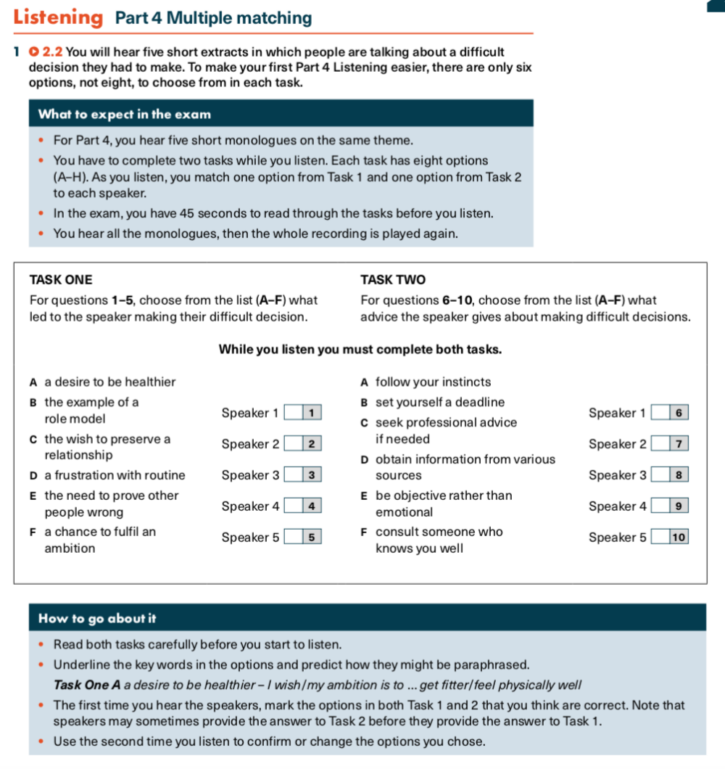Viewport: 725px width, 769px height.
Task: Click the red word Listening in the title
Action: (x=58, y=17)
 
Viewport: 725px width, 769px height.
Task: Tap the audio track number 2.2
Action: (x=53, y=52)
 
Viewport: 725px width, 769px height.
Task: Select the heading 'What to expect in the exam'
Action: (x=124, y=114)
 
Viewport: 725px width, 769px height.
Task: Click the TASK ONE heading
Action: (x=61, y=280)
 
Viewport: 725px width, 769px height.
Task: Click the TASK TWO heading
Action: (x=393, y=280)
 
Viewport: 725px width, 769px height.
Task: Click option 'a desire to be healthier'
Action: (x=109, y=382)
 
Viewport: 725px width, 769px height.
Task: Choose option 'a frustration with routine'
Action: (x=115, y=475)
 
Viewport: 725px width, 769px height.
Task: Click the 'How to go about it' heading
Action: (x=97, y=619)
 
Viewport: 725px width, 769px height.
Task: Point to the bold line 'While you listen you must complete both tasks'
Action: (x=360, y=349)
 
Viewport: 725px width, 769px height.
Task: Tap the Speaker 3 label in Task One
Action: (x=250, y=475)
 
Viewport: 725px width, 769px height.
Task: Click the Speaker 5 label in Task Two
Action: (x=617, y=538)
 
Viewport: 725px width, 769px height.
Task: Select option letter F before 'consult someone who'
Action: (x=364, y=532)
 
